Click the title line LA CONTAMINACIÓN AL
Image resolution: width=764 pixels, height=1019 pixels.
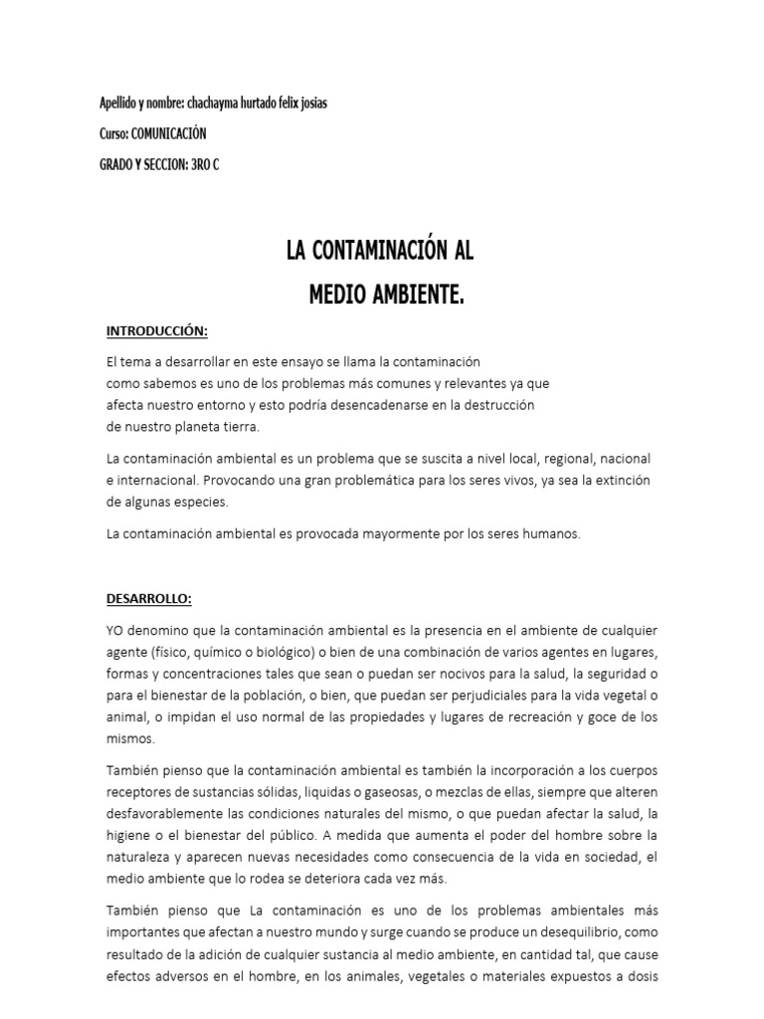pos(380,252)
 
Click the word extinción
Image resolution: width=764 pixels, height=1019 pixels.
pos(621,482)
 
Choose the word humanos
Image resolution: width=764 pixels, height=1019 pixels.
pos(546,534)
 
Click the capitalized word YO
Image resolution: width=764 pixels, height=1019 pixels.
pos(115,631)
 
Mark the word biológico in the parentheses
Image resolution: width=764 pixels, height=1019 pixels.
pos(287,652)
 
